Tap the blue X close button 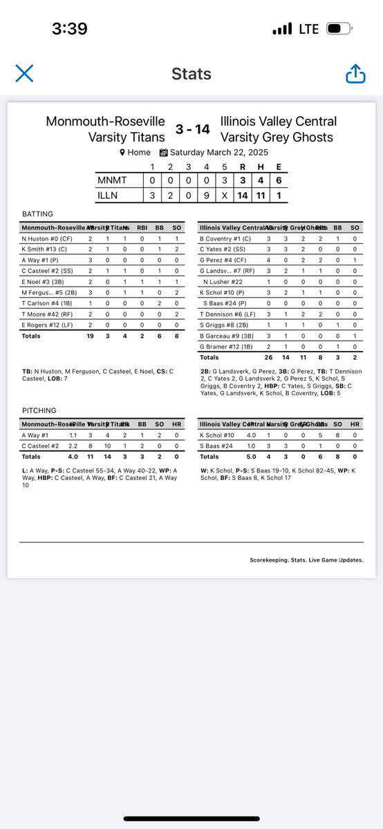(x=24, y=73)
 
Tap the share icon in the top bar (x=355, y=73)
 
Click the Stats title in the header (x=191, y=74)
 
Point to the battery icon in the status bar (x=339, y=29)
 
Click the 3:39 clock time (x=69, y=29)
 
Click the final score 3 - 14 (x=192, y=129)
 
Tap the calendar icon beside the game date (x=164, y=153)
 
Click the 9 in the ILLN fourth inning (x=206, y=196)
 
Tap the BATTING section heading (x=37, y=214)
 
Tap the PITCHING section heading (x=39, y=411)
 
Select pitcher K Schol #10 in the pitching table (x=217, y=435)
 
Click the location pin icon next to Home (x=122, y=153)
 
